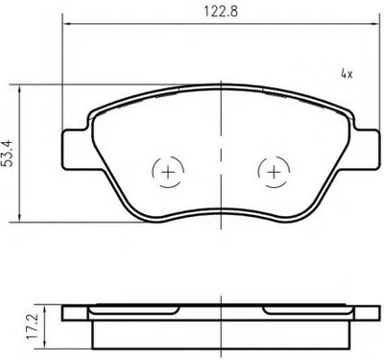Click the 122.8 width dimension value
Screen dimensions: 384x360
pyautogui.click(x=221, y=12)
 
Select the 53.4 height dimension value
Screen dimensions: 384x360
pyautogui.click(x=8, y=153)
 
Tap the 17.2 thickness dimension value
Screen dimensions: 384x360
pyautogui.click(x=33, y=326)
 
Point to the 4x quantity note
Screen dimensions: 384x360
pyautogui.click(x=347, y=75)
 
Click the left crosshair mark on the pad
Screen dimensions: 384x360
pyautogui.click(x=168, y=173)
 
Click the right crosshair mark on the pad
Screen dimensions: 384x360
pyautogui.click(x=274, y=173)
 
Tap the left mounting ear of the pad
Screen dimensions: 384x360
pyautogui.click(x=75, y=150)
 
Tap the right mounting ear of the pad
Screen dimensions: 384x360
pyautogui.click(x=367, y=149)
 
